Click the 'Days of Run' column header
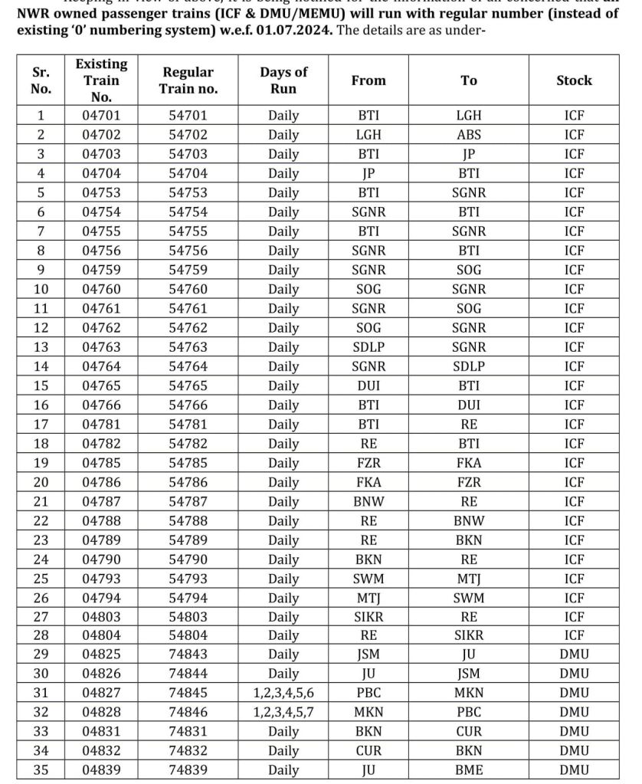283,80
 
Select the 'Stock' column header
574,80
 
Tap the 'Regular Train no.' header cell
188,80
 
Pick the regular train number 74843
188,654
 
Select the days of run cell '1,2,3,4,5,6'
283,693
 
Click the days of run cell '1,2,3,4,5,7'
283,712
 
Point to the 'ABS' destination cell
469,135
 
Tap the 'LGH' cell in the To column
469,116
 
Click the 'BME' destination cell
469,770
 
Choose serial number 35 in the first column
41,770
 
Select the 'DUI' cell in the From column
368,385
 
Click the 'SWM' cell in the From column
368,578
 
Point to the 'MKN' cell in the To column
469,693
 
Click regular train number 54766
188,405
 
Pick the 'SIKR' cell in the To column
469,635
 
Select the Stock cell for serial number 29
574,654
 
